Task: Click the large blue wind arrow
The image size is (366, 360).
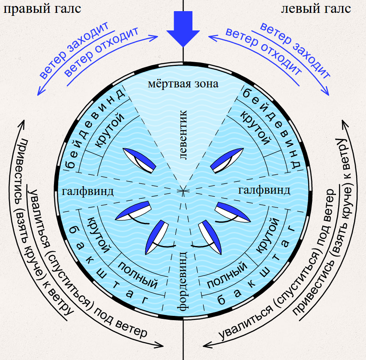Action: click(x=183, y=28)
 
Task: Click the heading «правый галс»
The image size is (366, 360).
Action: click(x=42, y=9)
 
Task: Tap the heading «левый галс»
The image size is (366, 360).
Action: click(x=316, y=9)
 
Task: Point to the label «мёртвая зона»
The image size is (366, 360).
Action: click(x=183, y=84)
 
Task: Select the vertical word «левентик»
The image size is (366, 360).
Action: click(x=183, y=135)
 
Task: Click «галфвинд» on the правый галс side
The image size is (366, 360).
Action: click(x=88, y=192)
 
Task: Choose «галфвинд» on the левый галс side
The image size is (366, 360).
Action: click(x=264, y=190)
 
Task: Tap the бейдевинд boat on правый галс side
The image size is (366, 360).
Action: click(x=139, y=161)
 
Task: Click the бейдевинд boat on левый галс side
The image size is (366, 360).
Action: click(x=227, y=161)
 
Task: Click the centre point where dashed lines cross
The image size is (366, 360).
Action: click(x=183, y=191)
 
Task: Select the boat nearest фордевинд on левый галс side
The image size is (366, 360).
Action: click(x=210, y=237)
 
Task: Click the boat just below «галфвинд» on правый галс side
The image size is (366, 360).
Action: click(x=133, y=211)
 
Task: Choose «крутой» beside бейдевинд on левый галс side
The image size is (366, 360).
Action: click(x=256, y=128)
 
